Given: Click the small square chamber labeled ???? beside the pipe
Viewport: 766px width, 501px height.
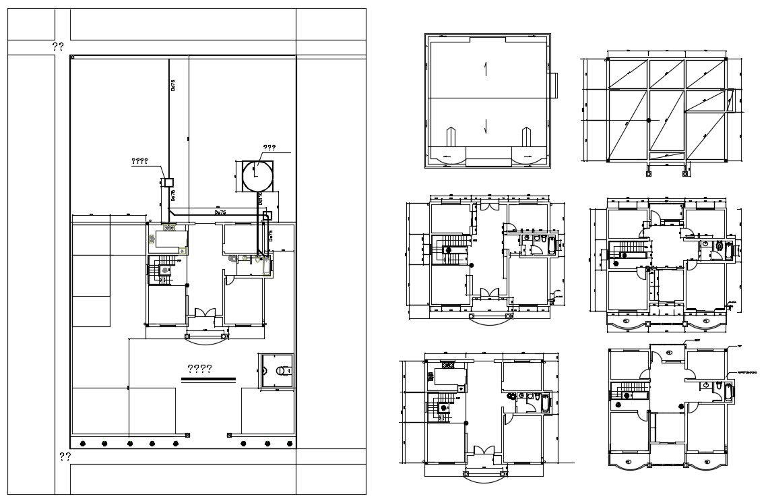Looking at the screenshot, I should pos(168,182).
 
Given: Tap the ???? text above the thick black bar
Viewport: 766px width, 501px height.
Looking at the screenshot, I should pos(199,369).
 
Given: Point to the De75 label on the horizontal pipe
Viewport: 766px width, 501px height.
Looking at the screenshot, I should pos(220,212).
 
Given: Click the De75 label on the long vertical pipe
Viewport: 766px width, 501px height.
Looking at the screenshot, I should pos(172,86).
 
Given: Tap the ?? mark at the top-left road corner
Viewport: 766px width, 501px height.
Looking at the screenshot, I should pos(58,47).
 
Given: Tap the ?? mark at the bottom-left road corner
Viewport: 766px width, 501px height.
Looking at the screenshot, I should pos(65,456).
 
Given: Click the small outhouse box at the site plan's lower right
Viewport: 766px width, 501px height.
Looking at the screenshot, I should pos(276,370).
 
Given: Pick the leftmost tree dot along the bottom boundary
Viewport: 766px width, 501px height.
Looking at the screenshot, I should pos(82,443).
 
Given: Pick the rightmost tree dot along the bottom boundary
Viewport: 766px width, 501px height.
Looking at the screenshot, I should pos(290,443).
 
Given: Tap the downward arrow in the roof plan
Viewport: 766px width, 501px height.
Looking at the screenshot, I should pos(485,124).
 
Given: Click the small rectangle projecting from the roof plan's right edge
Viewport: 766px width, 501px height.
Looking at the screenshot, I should pos(554,85).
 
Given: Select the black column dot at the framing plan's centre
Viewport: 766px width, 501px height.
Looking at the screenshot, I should pos(648,120).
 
